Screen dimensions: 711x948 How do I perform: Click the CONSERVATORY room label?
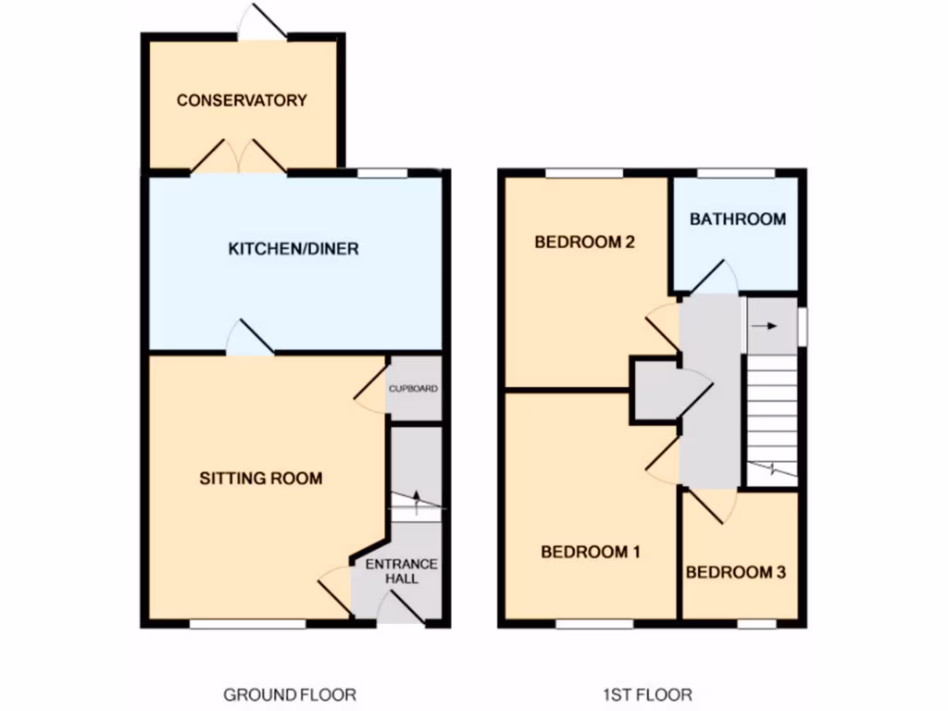coord(242,100)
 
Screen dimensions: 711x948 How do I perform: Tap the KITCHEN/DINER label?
coord(293,249)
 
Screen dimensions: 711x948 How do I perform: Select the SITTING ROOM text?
coord(261,479)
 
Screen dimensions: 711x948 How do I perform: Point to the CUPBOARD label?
coord(413,389)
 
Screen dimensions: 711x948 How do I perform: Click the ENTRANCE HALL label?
coord(401,571)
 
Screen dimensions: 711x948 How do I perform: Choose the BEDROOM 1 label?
coord(590,552)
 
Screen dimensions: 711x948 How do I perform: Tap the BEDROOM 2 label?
coord(584,243)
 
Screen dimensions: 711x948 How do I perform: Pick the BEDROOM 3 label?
coord(735,573)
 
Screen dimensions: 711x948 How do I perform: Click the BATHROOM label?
coord(738,219)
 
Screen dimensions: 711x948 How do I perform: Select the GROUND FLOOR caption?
coord(289,694)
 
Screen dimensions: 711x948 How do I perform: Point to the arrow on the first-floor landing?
coord(765,326)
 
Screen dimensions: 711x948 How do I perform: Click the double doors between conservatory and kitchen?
coord(239,157)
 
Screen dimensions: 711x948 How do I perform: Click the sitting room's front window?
coord(247,624)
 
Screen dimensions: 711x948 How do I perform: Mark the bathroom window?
coord(735,172)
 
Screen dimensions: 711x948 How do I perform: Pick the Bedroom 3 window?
coord(756,624)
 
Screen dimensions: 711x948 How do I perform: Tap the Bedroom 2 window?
coord(583,172)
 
